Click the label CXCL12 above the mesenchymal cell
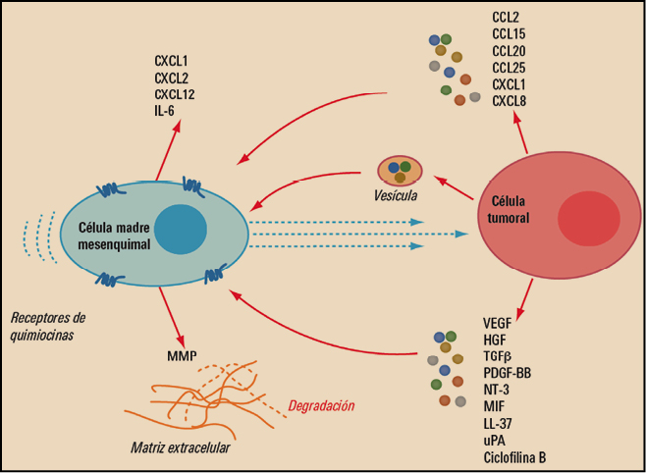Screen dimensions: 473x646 click(x=178, y=94)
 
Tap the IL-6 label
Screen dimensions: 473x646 click(x=168, y=110)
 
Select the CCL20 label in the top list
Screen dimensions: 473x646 click(x=511, y=52)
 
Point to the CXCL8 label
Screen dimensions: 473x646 click(x=512, y=100)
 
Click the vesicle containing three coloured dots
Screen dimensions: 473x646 click(x=400, y=170)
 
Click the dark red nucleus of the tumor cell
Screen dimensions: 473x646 click(x=586, y=216)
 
